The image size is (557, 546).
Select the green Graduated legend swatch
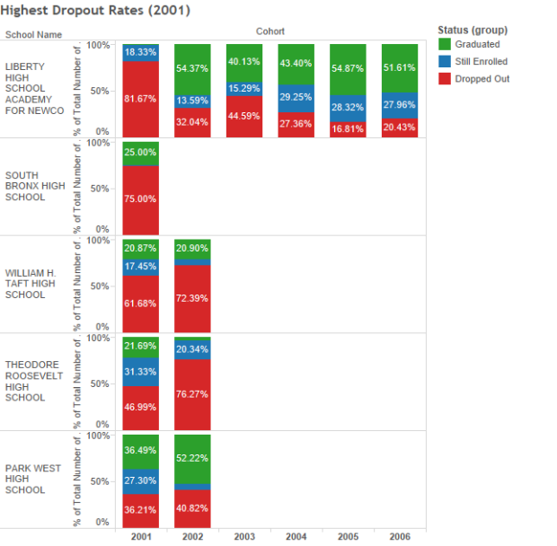(x=445, y=44)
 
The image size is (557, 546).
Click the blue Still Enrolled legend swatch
(x=445, y=61)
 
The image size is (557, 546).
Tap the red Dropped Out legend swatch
(x=445, y=78)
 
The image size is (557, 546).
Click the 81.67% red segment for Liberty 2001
(x=140, y=99)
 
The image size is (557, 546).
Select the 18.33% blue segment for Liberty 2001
(x=140, y=53)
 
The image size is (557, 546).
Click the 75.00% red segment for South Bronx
(x=140, y=200)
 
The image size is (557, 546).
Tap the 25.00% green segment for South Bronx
(x=140, y=154)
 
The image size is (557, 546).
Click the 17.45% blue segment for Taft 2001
(x=140, y=268)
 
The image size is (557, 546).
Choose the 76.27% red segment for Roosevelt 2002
(x=192, y=394)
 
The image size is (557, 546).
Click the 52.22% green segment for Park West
(x=192, y=459)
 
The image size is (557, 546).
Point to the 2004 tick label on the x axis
(x=296, y=536)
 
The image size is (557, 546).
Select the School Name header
(x=33, y=34)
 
